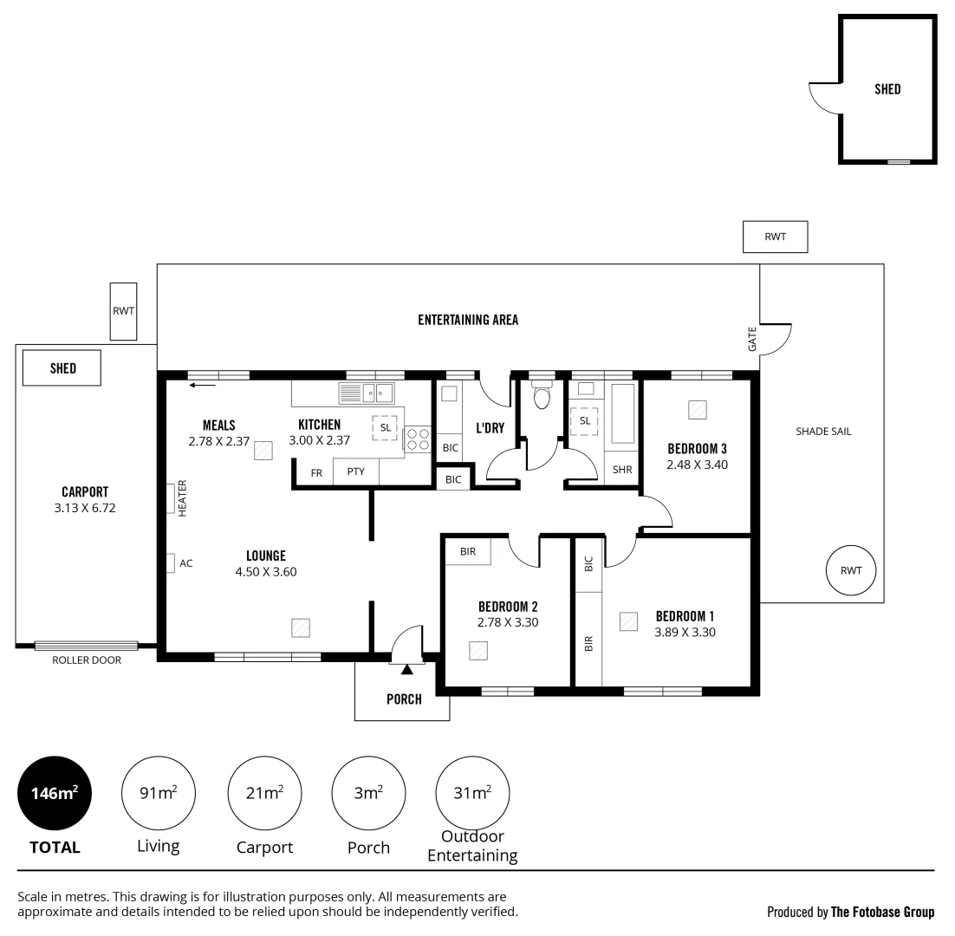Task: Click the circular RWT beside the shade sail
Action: tap(851, 570)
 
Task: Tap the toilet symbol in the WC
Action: tap(542, 397)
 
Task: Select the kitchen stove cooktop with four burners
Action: tap(417, 439)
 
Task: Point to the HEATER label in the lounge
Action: tap(183, 498)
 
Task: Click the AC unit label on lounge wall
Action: tap(185, 563)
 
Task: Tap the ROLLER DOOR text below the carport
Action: tap(87, 660)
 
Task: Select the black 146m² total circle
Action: tap(55, 793)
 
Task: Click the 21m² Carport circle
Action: tap(264, 793)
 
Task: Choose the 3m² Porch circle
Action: tap(368, 793)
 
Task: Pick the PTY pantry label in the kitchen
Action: tap(355, 472)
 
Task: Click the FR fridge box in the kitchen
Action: tap(316, 472)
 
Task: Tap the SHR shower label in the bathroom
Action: tap(622, 470)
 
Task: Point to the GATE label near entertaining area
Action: tap(751, 338)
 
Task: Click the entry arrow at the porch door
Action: tap(406, 668)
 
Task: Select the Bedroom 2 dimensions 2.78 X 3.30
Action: tap(508, 622)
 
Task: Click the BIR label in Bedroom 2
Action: tap(467, 551)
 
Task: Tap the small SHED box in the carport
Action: tap(63, 368)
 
